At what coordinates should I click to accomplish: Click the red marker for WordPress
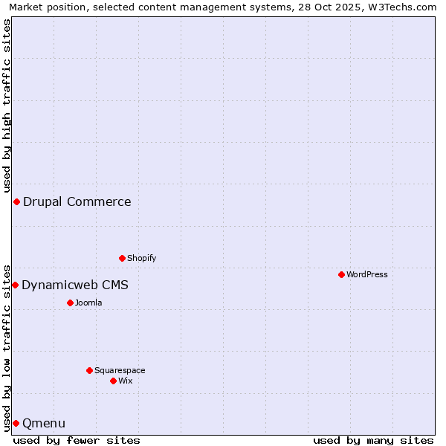[x=341, y=274]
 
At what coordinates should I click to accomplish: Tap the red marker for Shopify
[x=122, y=258]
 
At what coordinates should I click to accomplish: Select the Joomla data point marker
[x=70, y=303]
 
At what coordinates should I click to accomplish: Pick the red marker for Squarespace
[x=89, y=370]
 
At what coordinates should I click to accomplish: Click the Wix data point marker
[x=113, y=381]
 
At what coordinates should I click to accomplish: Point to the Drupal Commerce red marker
[x=16, y=201]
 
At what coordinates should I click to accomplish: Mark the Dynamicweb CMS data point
[x=15, y=285]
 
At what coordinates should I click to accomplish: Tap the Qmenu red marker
[x=16, y=423]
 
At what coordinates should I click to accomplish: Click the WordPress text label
[x=367, y=274]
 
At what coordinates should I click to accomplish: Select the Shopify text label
[x=142, y=258]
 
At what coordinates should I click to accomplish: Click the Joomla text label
[x=88, y=303]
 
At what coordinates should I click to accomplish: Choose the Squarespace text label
[x=120, y=370]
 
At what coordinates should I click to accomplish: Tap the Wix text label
[x=126, y=381]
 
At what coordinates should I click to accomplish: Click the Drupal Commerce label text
[x=77, y=201]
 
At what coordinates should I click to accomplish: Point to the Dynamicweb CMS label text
[x=75, y=285]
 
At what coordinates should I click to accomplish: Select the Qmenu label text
[x=44, y=423]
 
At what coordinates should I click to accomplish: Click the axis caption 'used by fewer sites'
[x=77, y=440]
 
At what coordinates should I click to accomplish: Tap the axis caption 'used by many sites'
[x=373, y=440]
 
